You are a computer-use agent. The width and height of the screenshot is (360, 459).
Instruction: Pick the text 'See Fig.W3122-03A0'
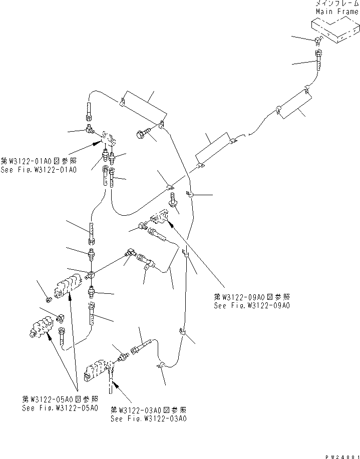[148, 418]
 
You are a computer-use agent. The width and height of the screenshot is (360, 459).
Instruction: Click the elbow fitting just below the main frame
[317, 42]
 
